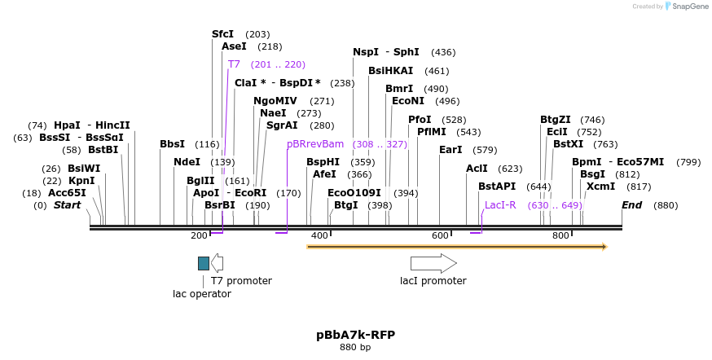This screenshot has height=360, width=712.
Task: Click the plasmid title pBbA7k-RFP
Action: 355,335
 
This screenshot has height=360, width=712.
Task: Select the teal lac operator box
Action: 204,263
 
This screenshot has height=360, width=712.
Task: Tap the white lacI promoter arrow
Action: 433,263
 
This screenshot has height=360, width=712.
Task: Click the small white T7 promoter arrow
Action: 217,263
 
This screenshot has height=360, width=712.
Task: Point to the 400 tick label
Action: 319,235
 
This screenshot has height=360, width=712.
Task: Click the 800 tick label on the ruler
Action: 560,235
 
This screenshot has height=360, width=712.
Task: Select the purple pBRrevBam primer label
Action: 315,143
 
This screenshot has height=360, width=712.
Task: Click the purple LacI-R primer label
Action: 500,205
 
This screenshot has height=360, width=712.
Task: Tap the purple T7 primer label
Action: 234,64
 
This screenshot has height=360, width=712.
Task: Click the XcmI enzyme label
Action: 600,187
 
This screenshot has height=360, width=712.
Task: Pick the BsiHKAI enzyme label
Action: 391,71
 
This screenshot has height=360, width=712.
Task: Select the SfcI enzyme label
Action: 222,34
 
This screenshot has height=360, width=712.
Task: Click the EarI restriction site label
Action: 450,150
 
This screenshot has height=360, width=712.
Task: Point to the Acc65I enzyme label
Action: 67,193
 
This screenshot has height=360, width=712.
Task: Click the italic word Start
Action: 68,205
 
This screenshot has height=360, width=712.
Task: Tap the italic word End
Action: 632,205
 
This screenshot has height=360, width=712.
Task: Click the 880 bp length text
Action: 355,348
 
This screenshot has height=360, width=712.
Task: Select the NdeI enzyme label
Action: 187,162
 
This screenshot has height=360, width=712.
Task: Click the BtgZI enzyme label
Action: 556,120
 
